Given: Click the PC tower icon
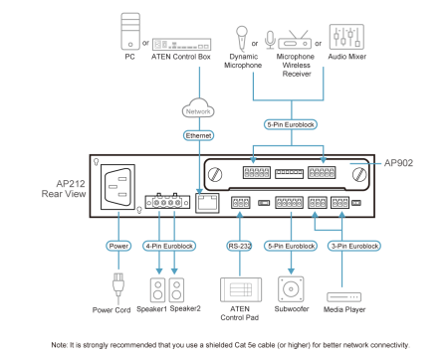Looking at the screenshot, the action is (x=130, y=31).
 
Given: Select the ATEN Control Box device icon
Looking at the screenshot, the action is (x=181, y=44).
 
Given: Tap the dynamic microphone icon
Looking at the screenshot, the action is (x=242, y=39).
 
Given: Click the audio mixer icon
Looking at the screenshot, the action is (x=346, y=37).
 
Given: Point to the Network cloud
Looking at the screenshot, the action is (x=198, y=108).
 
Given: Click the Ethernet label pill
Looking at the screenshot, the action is (x=198, y=135).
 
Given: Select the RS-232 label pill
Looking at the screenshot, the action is (x=240, y=246).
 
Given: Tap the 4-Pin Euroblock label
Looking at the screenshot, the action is (x=169, y=246).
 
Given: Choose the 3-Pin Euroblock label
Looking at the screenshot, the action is (x=354, y=246).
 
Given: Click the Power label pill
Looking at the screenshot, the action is (x=118, y=246).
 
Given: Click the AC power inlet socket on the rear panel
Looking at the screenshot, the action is (x=117, y=187).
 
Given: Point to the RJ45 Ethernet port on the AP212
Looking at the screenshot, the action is (x=207, y=203).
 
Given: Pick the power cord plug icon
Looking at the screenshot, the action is (x=118, y=284).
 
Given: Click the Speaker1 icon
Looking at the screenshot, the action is (x=158, y=290).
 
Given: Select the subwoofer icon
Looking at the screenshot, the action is (x=291, y=289).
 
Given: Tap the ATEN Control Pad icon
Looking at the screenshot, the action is (x=241, y=289).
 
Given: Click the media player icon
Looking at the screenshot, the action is (x=343, y=297).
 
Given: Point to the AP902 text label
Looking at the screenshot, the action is (x=398, y=163).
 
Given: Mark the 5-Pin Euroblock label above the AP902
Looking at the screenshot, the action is (x=291, y=124).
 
